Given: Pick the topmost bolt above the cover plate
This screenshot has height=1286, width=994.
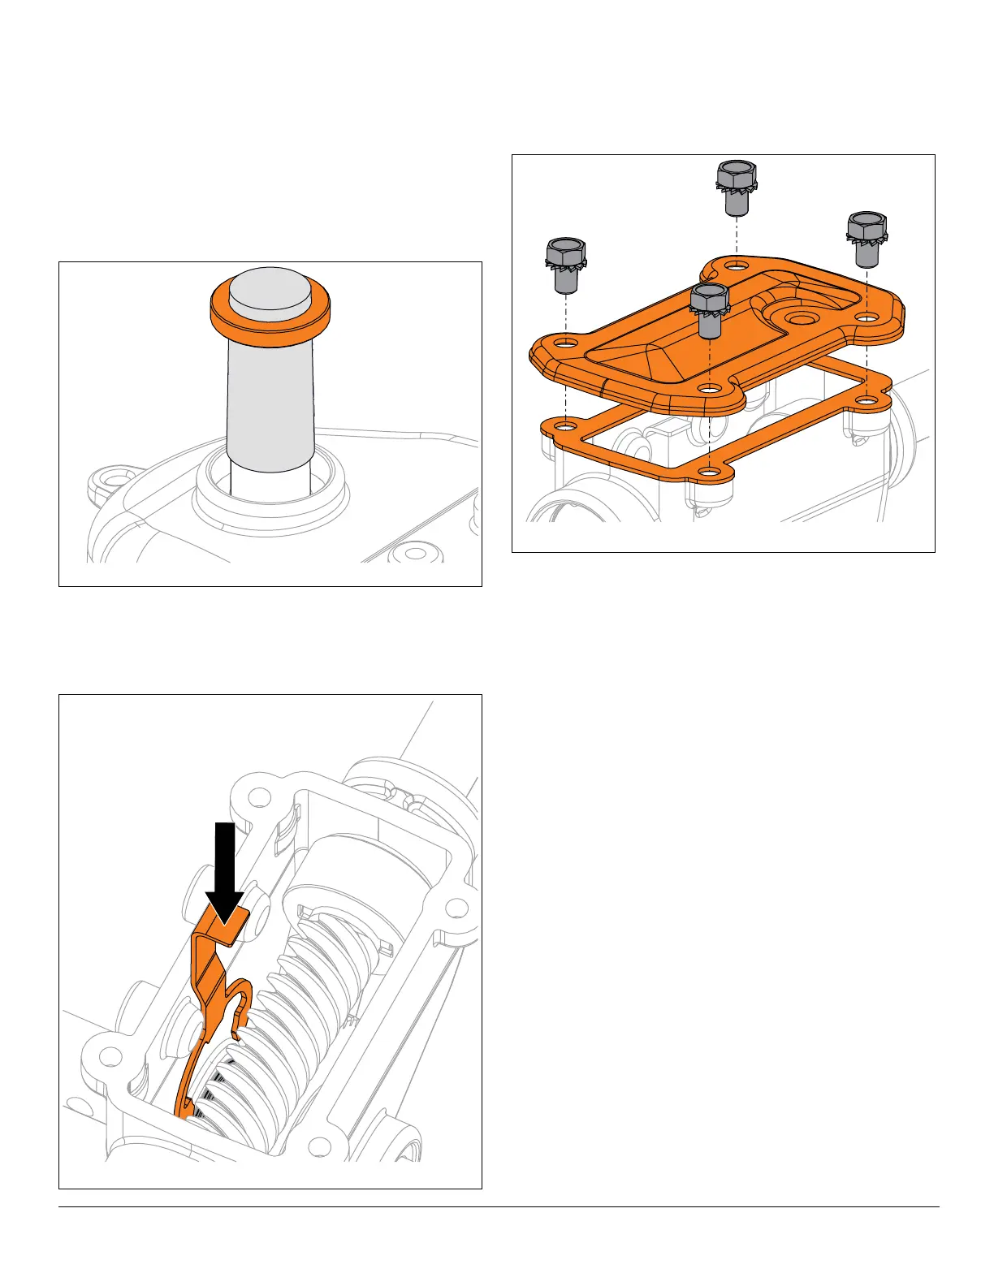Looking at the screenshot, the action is coord(737,188).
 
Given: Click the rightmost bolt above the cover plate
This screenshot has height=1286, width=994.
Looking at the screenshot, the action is coord(867,240).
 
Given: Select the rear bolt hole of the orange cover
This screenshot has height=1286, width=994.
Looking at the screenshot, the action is coord(736,266).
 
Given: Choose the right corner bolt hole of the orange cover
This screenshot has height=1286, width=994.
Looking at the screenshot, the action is coord(867,317).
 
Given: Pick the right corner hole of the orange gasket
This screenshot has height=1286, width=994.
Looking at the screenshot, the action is coord(867,400).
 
